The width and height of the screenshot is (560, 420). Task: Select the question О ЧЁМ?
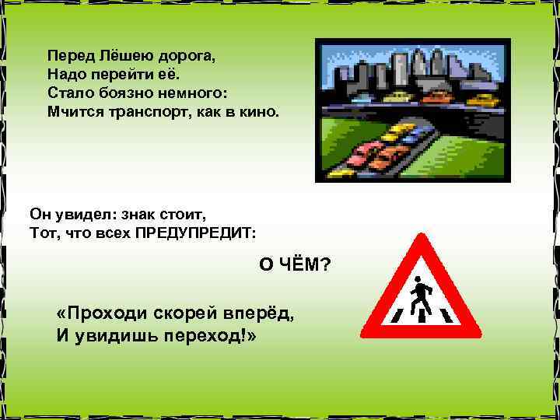(x=294, y=265)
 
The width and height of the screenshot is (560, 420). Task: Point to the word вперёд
(x=263, y=313)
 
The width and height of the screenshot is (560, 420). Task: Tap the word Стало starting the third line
(x=65, y=93)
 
